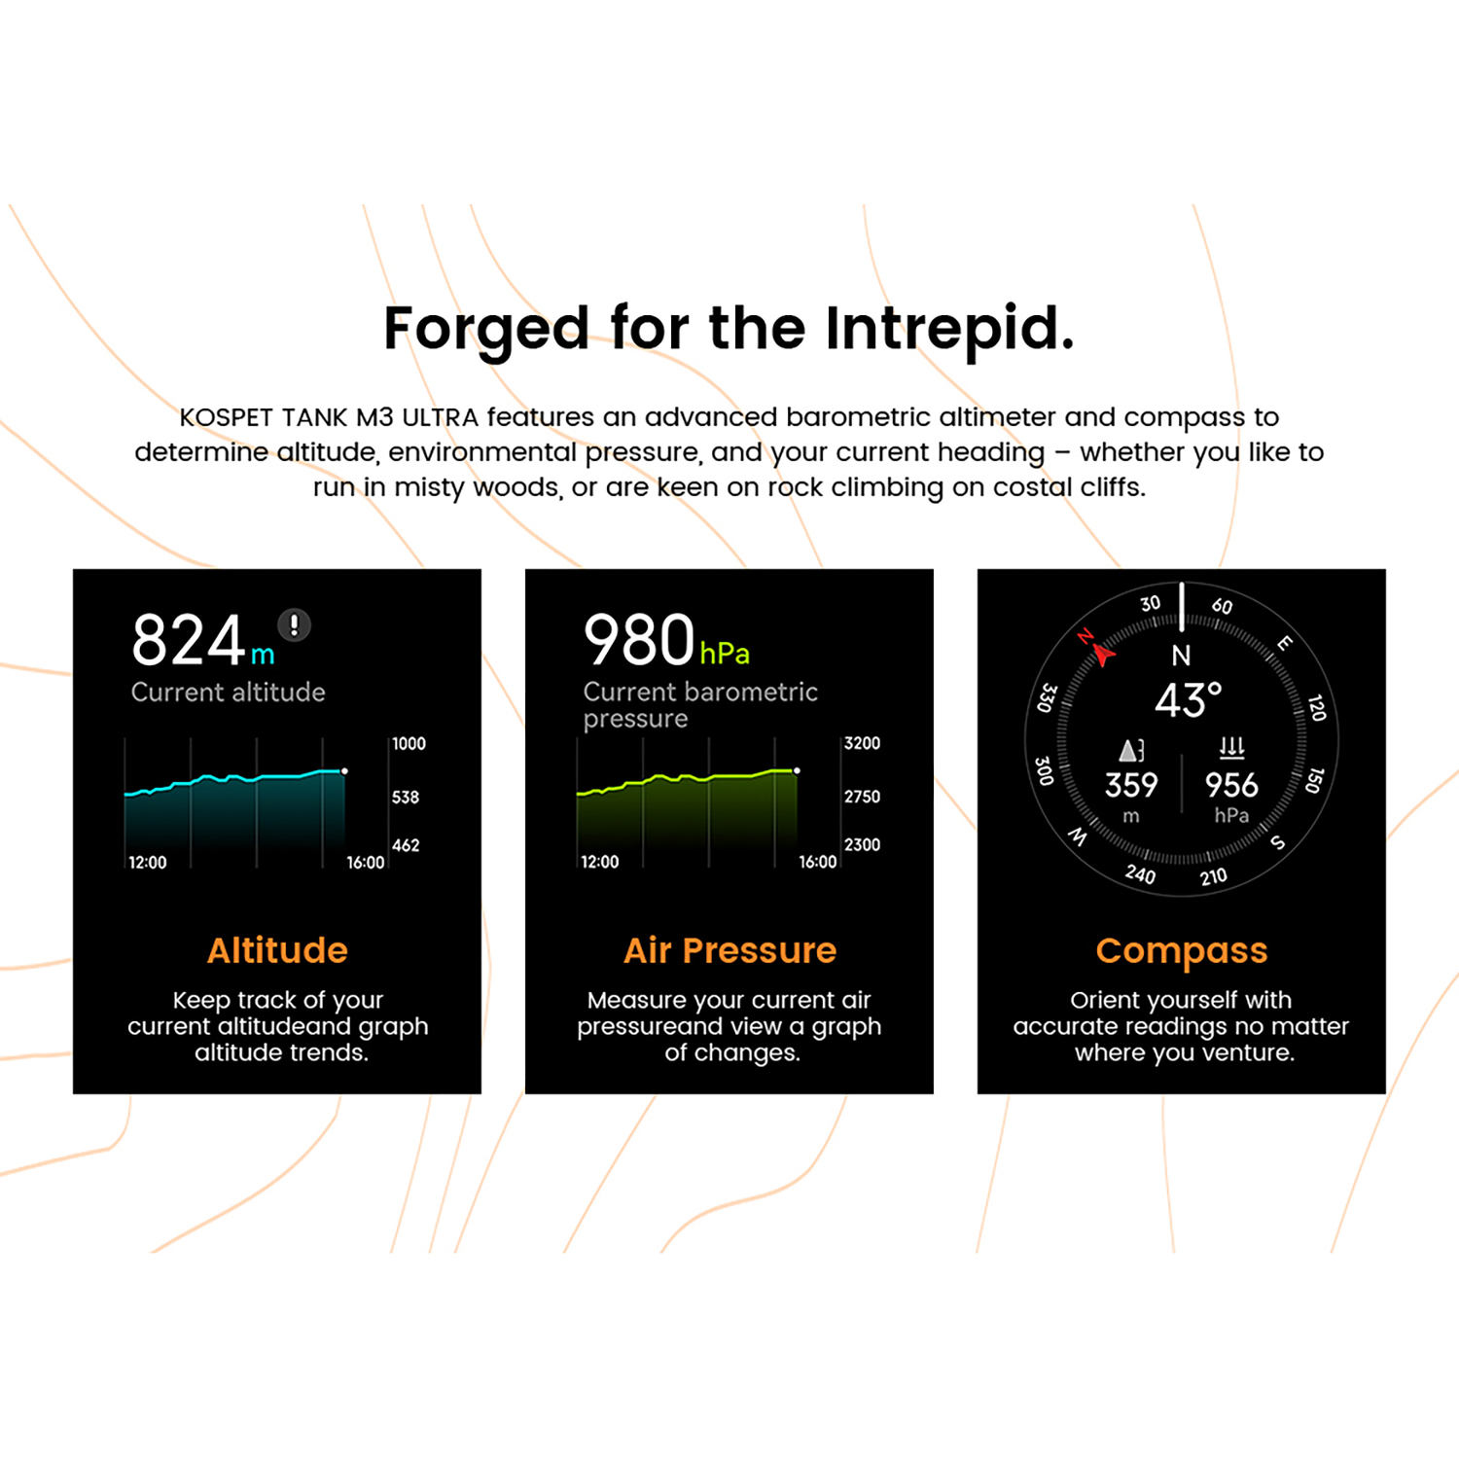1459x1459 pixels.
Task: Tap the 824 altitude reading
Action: coord(189,640)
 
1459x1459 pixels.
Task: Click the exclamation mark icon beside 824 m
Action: coord(294,624)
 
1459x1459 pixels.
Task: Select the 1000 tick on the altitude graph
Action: coord(409,744)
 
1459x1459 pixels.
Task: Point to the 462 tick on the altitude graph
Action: coord(406,845)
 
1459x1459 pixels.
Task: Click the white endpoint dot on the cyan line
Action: coord(344,771)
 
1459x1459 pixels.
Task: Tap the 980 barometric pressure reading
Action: coord(639,640)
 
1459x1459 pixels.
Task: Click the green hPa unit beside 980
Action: coord(725,654)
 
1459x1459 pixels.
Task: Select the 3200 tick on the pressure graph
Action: coord(862,744)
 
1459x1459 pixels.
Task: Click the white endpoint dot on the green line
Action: coord(797,771)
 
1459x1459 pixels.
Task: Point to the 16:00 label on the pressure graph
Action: coord(817,862)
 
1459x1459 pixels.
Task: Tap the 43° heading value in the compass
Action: coord(1188,699)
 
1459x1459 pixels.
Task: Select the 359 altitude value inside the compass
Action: coord(1131,785)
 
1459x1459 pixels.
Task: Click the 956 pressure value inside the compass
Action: coord(1231,785)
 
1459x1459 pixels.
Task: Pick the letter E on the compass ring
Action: coord(1285,643)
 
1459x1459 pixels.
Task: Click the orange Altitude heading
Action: coord(277,950)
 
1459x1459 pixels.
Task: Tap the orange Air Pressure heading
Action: coord(729,950)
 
